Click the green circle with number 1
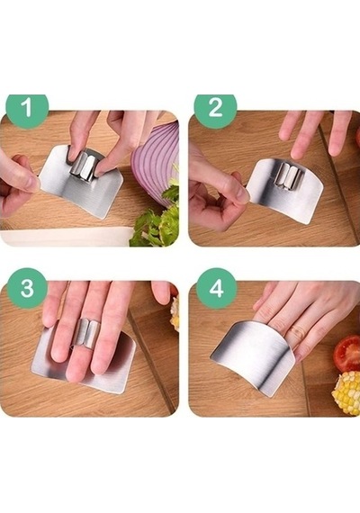tap(27, 108)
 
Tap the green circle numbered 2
tap(215, 108)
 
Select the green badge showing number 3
tap(27, 289)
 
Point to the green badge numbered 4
tap(216, 289)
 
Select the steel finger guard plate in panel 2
tap(285, 193)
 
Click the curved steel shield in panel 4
tap(254, 356)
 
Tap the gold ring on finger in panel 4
tap(296, 332)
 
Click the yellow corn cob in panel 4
tap(346, 392)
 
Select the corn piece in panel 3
tap(175, 313)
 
